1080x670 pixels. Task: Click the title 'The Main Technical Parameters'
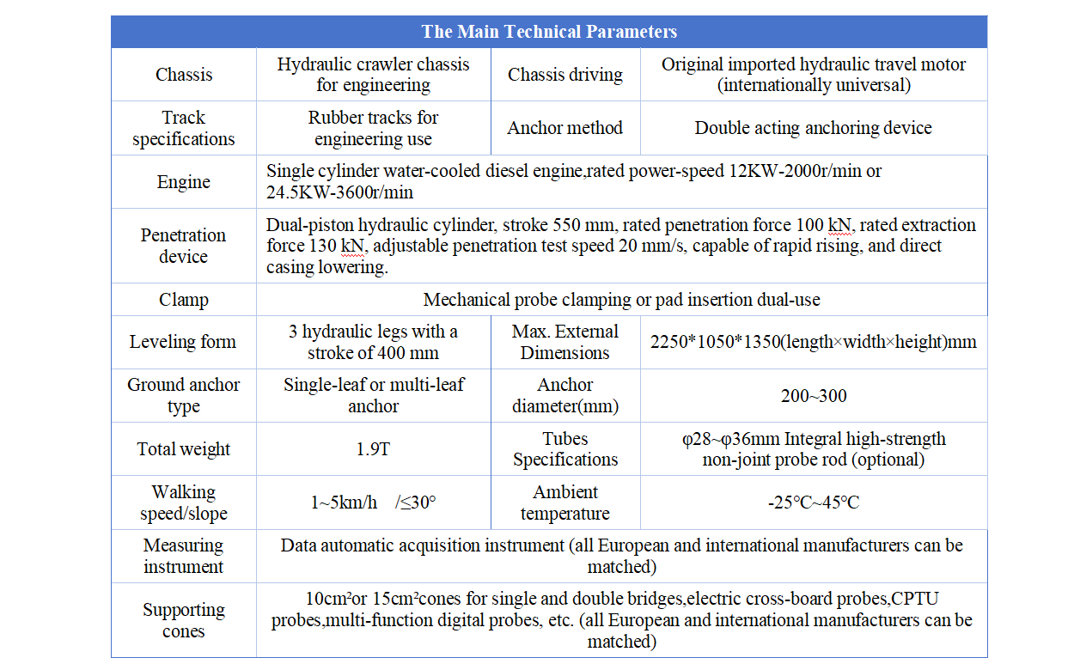click(548, 32)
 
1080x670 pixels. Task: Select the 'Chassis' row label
click(183, 75)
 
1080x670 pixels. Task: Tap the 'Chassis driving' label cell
click(564, 75)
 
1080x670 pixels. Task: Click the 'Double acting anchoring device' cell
click(813, 128)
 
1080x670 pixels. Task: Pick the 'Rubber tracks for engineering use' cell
click(373, 128)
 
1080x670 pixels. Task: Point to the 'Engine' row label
click(183, 182)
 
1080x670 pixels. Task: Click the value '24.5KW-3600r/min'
click(339, 192)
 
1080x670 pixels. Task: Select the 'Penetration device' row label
click(183, 246)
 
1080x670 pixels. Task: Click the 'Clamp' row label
click(183, 300)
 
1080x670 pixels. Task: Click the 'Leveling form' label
click(183, 342)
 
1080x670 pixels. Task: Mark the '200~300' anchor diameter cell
click(813, 396)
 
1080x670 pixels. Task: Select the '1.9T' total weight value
click(373, 448)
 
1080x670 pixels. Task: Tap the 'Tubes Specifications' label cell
click(564, 448)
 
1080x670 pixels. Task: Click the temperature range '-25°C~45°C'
click(813, 502)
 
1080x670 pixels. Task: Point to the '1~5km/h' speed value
click(344, 502)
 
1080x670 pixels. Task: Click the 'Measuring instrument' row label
click(183, 556)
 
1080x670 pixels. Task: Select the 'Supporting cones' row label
click(183, 620)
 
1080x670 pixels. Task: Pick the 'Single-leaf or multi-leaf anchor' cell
click(373, 396)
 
